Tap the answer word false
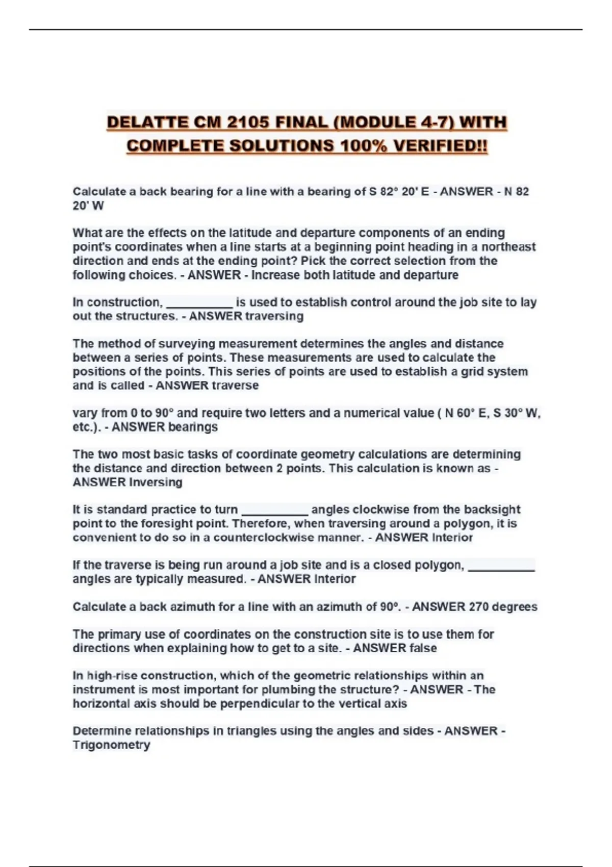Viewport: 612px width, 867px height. pos(423,648)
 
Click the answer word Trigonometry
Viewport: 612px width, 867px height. pos(111,745)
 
